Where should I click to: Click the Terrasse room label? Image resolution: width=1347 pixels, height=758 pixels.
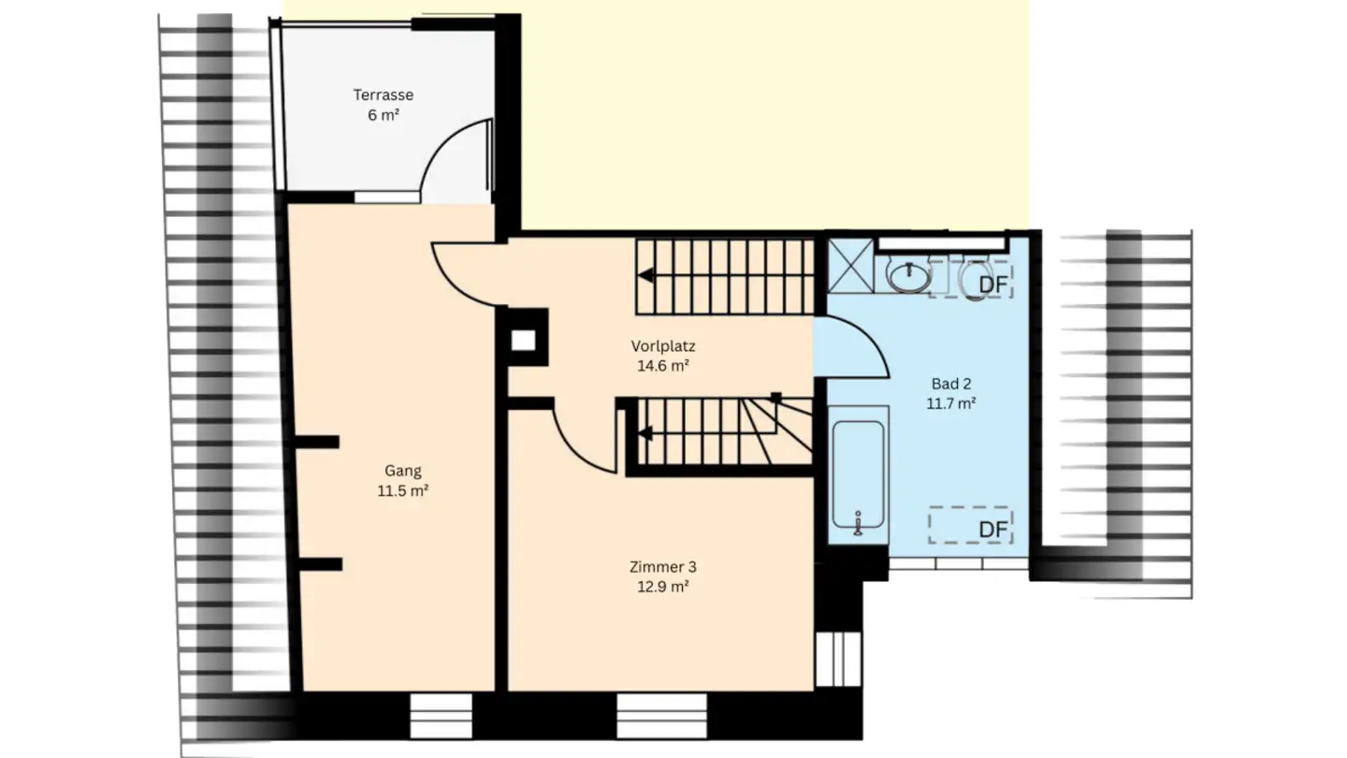pyautogui.click(x=383, y=95)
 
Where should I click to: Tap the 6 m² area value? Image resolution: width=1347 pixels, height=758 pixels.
pyautogui.click(x=383, y=116)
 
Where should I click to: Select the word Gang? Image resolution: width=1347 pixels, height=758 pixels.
pyautogui.click(x=402, y=471)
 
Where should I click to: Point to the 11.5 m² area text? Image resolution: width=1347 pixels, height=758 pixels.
pyautogui.click(x=402, y=491)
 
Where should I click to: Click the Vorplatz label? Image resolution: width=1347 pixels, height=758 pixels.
pyautogui.click(x=662, y=346)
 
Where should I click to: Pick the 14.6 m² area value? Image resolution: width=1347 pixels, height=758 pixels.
pyautogui.click(x=662, y=367)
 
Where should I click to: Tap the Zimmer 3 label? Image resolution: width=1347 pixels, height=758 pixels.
pyautogui.click(x=662, y=567)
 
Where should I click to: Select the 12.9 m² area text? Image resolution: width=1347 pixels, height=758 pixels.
pyautogui.click(x=662, y=588)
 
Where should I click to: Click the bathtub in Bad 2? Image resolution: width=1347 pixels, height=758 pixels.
pyautogui.click(x=859, y=477)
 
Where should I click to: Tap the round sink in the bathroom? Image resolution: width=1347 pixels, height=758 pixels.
pyautogui.click(x=907, y=276)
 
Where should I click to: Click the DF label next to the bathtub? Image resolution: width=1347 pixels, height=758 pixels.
pyautogui.click(x=992, y=530)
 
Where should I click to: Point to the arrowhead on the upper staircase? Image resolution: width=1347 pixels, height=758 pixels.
pyautogui.click(x=646, y=275)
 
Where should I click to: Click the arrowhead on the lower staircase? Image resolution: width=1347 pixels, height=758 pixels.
pyautogui.click(x=645, y=433)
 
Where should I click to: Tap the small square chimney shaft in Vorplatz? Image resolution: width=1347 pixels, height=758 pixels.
pyautogui.click(x=523, y=342)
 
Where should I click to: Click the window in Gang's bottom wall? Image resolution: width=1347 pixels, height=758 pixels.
pyautogui.click(x=441, y=716)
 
